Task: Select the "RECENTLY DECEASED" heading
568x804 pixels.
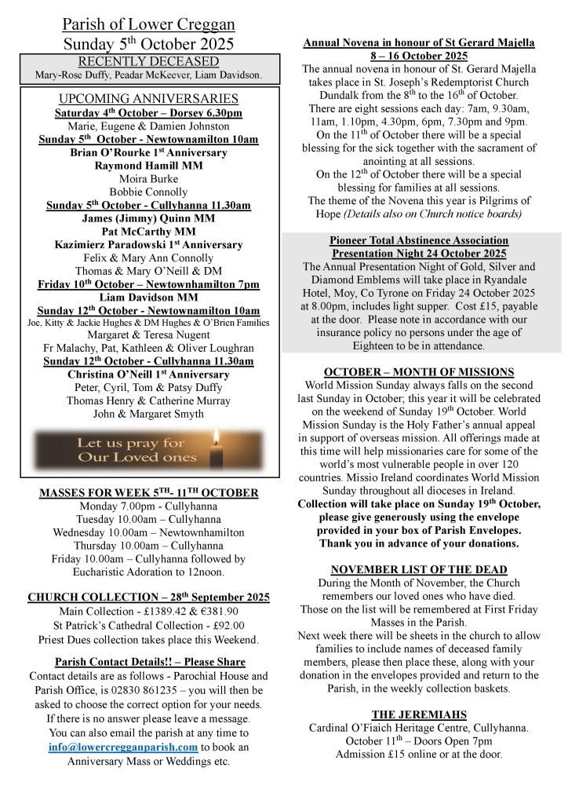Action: coord(148,61)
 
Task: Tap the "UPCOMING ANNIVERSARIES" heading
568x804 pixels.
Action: coord(148,99)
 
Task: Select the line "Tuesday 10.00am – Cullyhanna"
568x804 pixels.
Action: coord(148,518)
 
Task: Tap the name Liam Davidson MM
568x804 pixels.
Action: coord(148,296)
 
